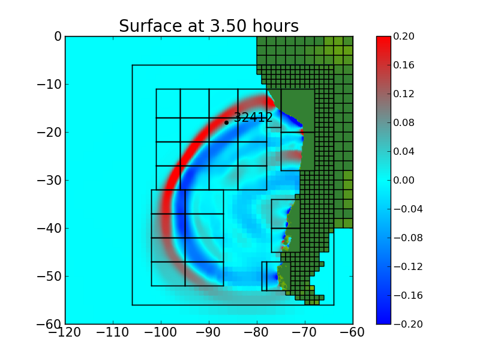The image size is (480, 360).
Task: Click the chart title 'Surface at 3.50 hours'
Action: coord(209,26)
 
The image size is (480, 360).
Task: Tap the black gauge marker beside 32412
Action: coord(226,122)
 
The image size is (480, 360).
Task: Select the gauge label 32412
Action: coord(253,118)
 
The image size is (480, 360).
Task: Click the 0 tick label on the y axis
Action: coord(58,37)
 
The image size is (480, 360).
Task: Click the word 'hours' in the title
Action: coord(277,26)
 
